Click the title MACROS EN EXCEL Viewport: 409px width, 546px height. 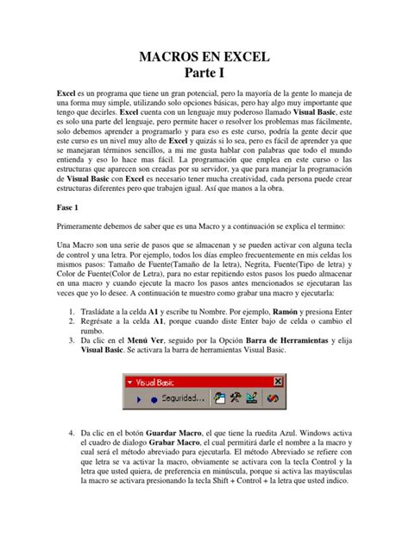(x=204, y=59)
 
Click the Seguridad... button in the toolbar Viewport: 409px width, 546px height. (x=177, y=398)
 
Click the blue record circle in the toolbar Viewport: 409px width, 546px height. (x=154, y=399)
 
